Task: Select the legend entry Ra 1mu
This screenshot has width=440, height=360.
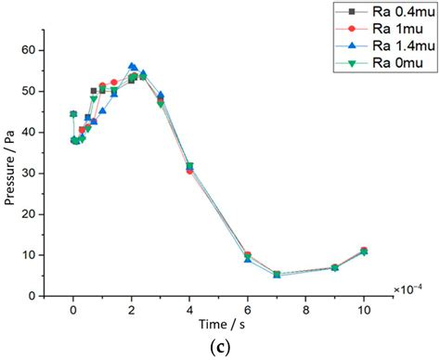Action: coord(382,29)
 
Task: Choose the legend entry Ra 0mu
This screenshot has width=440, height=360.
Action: coord(382,62)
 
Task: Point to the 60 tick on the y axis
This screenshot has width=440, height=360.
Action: coord(53,50)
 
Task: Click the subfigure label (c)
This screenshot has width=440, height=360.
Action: coord(219,349)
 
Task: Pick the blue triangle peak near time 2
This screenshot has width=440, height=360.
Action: coord(132,67)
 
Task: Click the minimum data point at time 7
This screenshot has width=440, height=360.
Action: coord(277,275)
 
